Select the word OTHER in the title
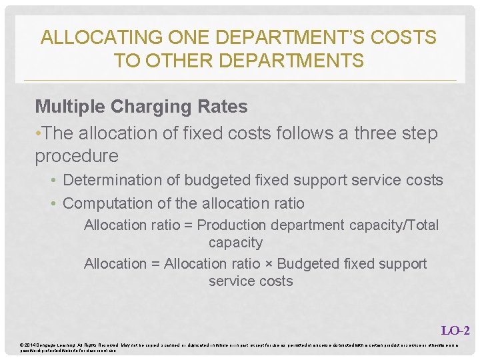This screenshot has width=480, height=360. click(173, 61)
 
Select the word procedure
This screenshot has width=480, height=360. click(77, 157)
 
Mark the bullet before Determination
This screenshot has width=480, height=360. click(54, 181)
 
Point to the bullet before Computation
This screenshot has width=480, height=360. click(54, 204)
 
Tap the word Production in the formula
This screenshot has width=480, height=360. click(231, 225)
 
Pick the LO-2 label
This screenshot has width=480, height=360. click(455, 330)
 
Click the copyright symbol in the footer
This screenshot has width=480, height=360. click(23, 345)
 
